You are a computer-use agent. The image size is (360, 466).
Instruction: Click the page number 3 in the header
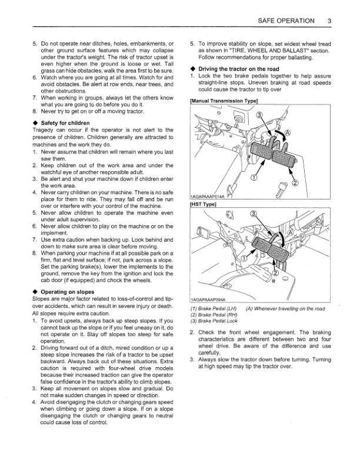(x=331, y=21)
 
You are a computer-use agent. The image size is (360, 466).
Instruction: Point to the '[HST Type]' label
(x=204, y=204)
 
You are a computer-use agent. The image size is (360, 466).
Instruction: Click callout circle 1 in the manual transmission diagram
(x=254, y=177)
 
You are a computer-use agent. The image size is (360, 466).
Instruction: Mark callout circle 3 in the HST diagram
(x=254, y=214)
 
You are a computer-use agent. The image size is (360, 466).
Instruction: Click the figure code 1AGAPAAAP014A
(x=207, y=197)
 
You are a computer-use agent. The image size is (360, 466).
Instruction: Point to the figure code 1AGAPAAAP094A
(x=207, y=299)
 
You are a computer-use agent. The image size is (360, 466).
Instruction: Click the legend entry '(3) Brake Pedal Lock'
(x=214, y=321)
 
